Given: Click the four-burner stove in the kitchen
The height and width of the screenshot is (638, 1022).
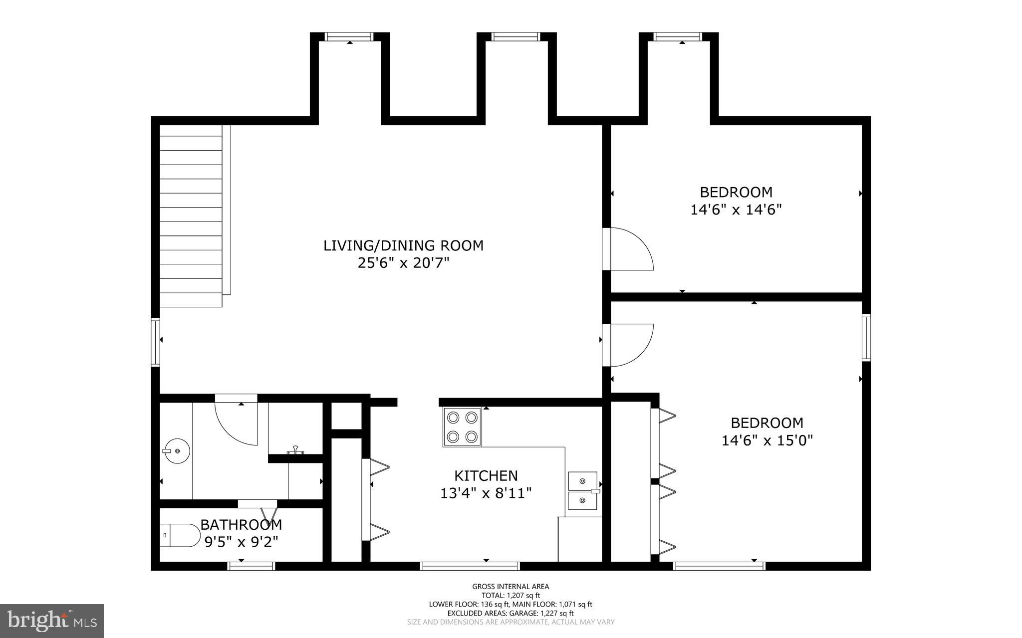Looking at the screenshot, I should coord(462,427).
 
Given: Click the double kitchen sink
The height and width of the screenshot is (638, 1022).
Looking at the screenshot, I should coord(583,490).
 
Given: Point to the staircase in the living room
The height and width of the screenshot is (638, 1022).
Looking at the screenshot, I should coord(191,215).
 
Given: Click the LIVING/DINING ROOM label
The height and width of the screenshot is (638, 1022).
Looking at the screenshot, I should coord(403,245).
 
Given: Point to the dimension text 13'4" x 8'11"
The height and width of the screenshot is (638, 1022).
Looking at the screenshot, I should coord(486,493).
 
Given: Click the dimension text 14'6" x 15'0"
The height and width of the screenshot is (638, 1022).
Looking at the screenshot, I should coord(767,440).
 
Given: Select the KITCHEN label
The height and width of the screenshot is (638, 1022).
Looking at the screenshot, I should coord(486,475).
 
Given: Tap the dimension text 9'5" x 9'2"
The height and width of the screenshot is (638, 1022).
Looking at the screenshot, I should coord(241,542).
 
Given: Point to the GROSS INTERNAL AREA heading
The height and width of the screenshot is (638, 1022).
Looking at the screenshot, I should coord(511,587).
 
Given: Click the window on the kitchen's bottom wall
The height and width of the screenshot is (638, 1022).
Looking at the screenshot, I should coord(470,566).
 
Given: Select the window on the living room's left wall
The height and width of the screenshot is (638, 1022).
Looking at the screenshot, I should coord(156,342).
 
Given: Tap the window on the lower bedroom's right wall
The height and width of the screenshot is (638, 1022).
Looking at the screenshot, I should coord(866,337).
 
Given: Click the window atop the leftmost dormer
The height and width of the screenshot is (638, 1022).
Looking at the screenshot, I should coord(349,36).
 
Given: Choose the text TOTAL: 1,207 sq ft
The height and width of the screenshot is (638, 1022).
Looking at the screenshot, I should coord(511,595).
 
